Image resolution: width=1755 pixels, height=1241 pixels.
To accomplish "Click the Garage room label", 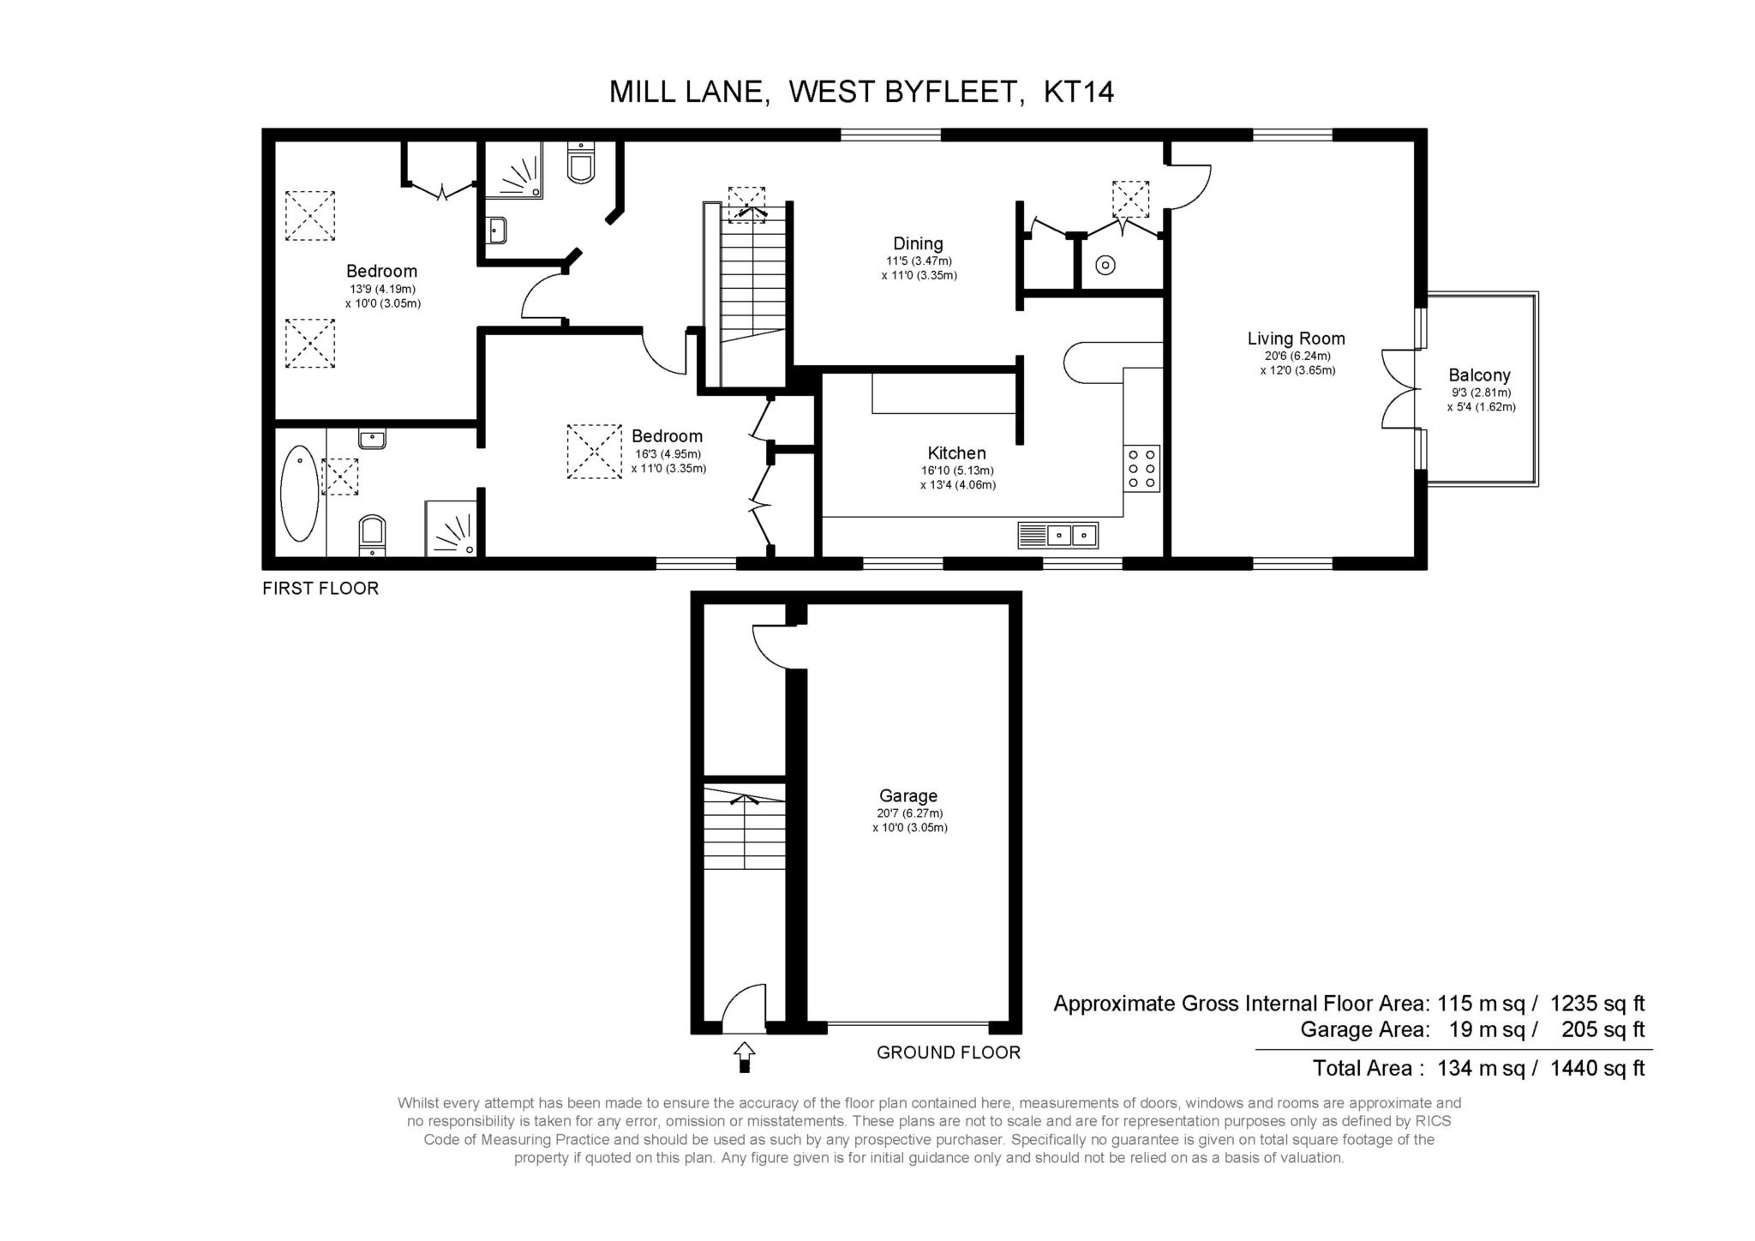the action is [x=908, y=796].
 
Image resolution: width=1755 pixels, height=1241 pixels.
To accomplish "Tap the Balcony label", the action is [x=1479, y=375].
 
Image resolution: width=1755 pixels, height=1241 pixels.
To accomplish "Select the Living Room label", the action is [x=1296, y=339].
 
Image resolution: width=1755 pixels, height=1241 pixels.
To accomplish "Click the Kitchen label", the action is [x=956, y=453].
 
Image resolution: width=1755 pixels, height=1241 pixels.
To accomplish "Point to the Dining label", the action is [x=918, y=244].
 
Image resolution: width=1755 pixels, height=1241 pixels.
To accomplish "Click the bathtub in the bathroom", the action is [x=300, y=493].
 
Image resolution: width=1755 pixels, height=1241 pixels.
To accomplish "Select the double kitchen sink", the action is [x=1058, y=535].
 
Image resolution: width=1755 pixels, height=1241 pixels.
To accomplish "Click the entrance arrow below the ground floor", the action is [x=744, y=1056].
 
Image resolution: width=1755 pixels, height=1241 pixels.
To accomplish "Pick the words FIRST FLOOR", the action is [x=320, y=589].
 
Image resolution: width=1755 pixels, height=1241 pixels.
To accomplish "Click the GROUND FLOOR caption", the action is [x=949, y=1052].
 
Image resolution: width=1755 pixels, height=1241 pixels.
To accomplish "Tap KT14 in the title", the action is [x=1079, y=92].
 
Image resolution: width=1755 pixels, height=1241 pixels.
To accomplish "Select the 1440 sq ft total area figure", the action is [x=1597, y=1069].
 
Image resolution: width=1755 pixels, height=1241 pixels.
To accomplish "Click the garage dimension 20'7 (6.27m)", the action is [x=908, y=813].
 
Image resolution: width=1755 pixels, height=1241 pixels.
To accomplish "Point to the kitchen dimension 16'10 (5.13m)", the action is [x=958, y=471].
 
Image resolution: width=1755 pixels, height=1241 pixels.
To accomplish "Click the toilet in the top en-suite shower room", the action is [x=581, y=163].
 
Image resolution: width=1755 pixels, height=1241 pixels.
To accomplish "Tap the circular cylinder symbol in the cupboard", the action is [x=1105, y=266].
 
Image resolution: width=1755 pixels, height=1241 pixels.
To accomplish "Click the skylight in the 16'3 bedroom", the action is [x=594, y=452].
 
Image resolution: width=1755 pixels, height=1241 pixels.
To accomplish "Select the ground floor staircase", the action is [x=745, y=826].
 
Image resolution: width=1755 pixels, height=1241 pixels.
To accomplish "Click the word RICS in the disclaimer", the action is [x=1434, y=1121].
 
